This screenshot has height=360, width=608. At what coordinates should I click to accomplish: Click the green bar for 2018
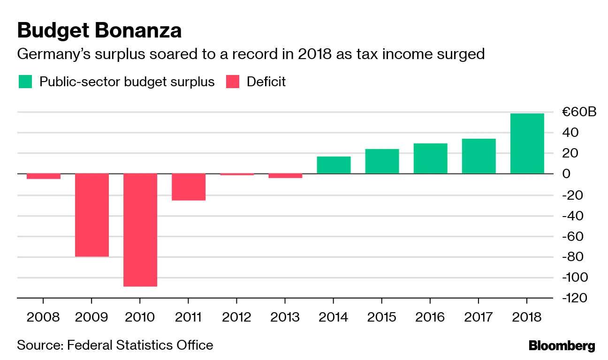[527, 143]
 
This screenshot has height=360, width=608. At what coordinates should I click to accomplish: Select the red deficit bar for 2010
[140, 230]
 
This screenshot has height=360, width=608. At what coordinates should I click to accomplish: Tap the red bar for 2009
[92, 215]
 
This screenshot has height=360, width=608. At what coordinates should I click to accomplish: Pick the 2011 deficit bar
[189, 187]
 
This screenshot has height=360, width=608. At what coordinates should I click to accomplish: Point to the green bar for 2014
[334, 165]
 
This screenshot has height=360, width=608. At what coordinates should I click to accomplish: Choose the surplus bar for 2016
[430, 158]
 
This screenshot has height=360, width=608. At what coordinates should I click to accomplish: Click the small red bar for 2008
[43, 176]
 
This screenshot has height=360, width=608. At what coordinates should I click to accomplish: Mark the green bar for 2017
[479, 156]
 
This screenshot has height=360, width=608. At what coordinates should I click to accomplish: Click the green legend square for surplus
[25, 82]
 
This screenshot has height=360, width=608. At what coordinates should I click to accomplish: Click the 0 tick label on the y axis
[567, 174]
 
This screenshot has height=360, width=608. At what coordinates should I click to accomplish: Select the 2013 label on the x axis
[285, 317]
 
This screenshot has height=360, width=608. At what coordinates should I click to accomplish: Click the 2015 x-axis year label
[381, 317]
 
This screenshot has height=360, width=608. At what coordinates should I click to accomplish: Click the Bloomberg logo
[562, 346]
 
